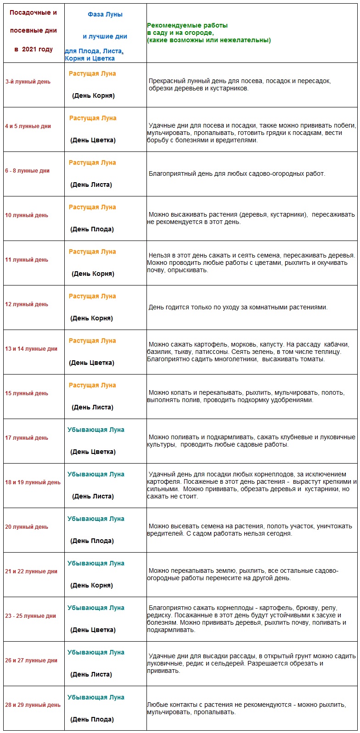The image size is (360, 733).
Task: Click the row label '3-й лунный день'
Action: (x=28, y=82)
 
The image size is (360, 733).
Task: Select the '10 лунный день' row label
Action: (x=27, y=215)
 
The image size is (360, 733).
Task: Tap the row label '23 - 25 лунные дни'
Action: (x=31, y=616)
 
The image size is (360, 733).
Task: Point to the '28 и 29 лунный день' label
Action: (x=33, y=705)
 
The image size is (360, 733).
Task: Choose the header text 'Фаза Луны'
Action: (x=105, y=14)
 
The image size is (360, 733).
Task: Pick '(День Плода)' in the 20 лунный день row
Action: (x=92, y=541)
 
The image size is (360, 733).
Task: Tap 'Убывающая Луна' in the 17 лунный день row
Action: (x=96, y=430)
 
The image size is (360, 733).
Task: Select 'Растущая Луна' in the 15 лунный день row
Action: (x=92, y=385)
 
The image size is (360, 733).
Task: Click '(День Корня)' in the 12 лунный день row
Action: (x=91, y=318)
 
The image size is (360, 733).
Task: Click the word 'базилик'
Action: (x=160, y=352)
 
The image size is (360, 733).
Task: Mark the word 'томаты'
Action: (x=313, y=359)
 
